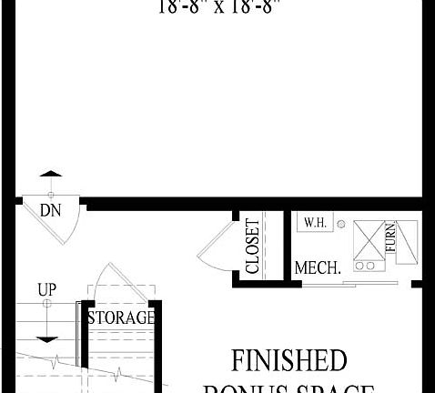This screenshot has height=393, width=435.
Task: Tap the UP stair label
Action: (x=46, y=289)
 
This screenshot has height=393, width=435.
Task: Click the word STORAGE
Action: (x=120, y=317)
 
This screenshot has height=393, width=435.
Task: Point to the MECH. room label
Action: (x=318, y=268)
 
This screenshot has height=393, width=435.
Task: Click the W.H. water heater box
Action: (x=315, y=222)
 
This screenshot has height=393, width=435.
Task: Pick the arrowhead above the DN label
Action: (x=52, y=172)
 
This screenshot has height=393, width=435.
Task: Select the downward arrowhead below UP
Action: (x=47, y=338)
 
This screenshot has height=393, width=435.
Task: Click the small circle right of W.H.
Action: (x=340, y=223)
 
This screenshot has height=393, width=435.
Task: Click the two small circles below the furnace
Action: (x=365, y=267)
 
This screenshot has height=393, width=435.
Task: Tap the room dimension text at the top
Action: (x=218, y=7)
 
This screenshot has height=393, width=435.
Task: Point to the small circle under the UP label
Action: (x=47, y=304)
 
